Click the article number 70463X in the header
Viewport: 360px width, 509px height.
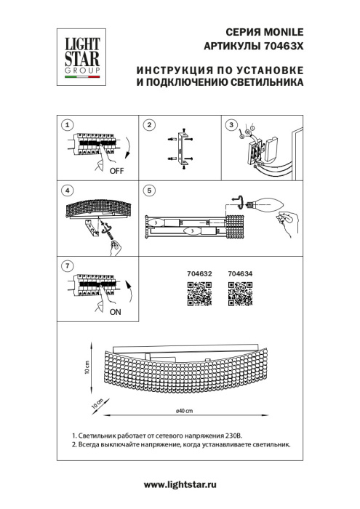tap(281, 46)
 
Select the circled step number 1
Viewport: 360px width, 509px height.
tap(67, 125)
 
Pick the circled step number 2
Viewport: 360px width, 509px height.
tap(149, 125)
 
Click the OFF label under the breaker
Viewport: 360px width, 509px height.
tap(115, 172)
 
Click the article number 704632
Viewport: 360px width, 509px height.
tap(200, 274)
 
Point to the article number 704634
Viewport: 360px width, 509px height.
tap(240, 274)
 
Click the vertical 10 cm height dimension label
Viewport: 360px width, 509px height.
tap(87, 366)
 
